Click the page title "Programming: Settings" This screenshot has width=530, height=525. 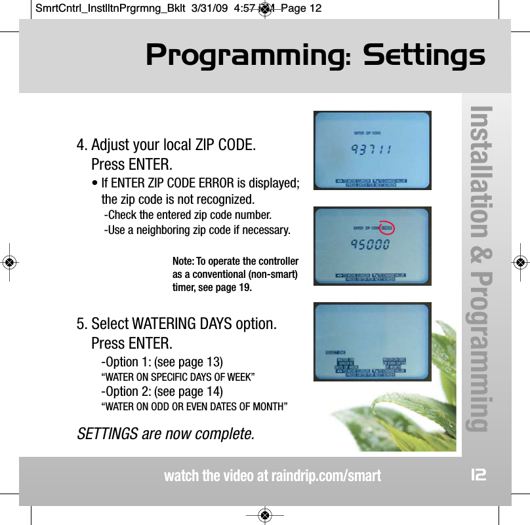[x=315, y=56]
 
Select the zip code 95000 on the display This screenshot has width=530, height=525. [x=371, y=245]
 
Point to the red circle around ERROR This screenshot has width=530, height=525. [x=387, y=227]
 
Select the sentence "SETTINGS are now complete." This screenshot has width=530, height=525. [x=166, y=434]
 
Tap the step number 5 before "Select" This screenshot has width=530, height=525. [x=81, y=324]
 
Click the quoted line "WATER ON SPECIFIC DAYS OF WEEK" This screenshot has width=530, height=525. [x=178, y=377]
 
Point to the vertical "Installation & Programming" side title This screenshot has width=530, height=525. [x=487, y=269]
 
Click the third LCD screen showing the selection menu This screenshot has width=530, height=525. [x=372, y=341]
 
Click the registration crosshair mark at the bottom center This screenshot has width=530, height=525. [x=264, y=515]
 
